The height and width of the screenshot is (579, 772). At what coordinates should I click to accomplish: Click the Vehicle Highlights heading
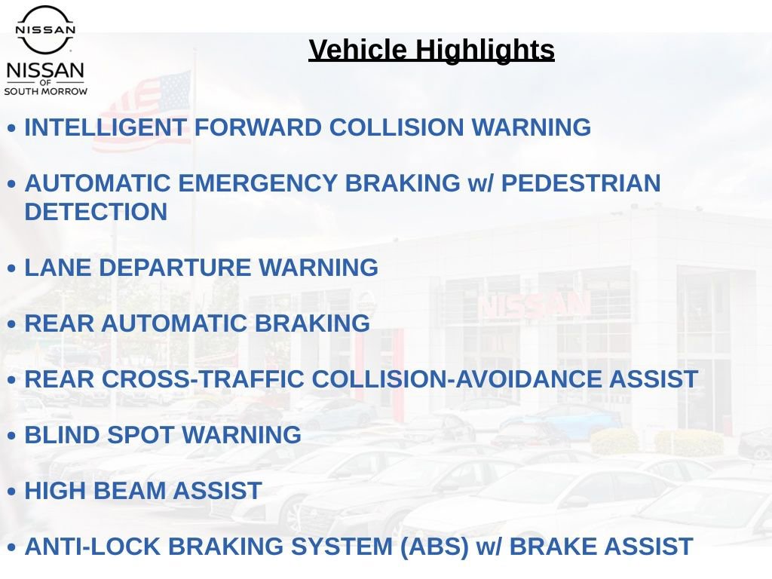[x=431, y=51]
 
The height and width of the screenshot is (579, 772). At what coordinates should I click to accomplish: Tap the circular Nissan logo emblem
[x=45, y=29]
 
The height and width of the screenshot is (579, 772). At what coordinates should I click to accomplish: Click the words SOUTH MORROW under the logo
[x=46, y=91]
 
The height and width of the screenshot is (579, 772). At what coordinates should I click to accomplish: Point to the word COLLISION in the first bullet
[x=397, y=127]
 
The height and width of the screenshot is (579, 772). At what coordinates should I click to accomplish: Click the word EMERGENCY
[x=258, y=183]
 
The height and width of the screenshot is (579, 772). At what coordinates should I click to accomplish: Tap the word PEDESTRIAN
[x=581, y=183]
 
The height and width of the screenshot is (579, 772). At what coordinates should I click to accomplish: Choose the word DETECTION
[x=96, y=212]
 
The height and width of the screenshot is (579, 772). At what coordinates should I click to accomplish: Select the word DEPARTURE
[x=175, y=268]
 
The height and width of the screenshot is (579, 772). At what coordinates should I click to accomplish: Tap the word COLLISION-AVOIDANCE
[x=456, y=380]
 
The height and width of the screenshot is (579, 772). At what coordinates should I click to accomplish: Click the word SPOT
[x=140, y=435]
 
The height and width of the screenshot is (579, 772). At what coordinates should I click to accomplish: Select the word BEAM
[x=129, y=491]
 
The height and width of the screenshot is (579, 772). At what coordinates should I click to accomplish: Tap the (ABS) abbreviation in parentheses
[x=434, y=547]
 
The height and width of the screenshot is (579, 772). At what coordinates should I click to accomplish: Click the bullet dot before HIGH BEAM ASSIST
[x=12, y=492]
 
